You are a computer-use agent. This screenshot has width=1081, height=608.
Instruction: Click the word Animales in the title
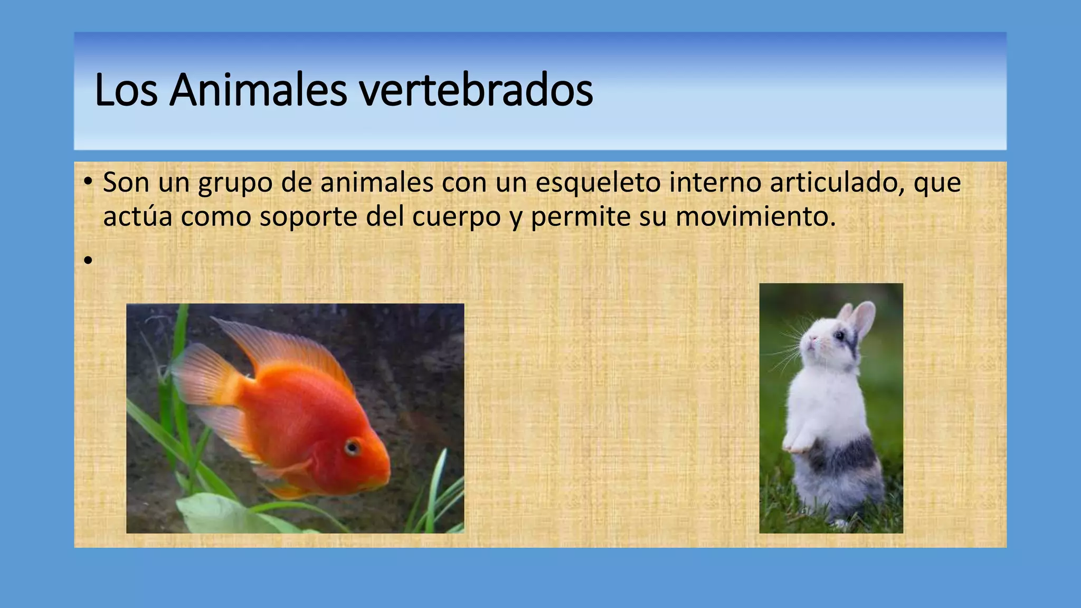pos(258,90)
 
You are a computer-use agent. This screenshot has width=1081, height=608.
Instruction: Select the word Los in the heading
pos(126,90)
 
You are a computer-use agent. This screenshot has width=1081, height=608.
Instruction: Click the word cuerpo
pos(456,217)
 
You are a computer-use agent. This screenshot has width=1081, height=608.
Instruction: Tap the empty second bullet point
pos(88,260)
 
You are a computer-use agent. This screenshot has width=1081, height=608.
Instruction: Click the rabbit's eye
pos(839,335)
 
